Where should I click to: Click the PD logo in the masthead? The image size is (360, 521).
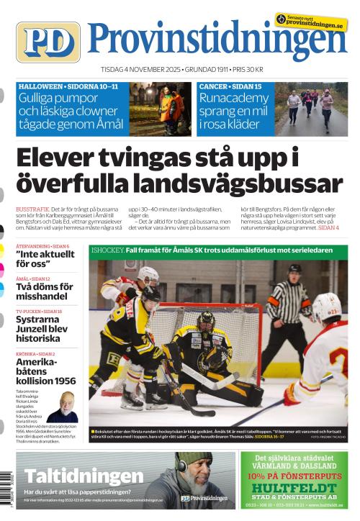[x=48, y=42]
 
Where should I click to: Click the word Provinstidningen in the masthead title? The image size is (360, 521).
[x=218, y=41]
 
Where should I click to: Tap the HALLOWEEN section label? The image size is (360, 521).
[x=40, y=86]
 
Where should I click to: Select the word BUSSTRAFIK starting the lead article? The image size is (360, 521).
[x=32, y=208]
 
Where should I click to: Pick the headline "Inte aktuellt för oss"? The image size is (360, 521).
[x=45, y=259]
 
